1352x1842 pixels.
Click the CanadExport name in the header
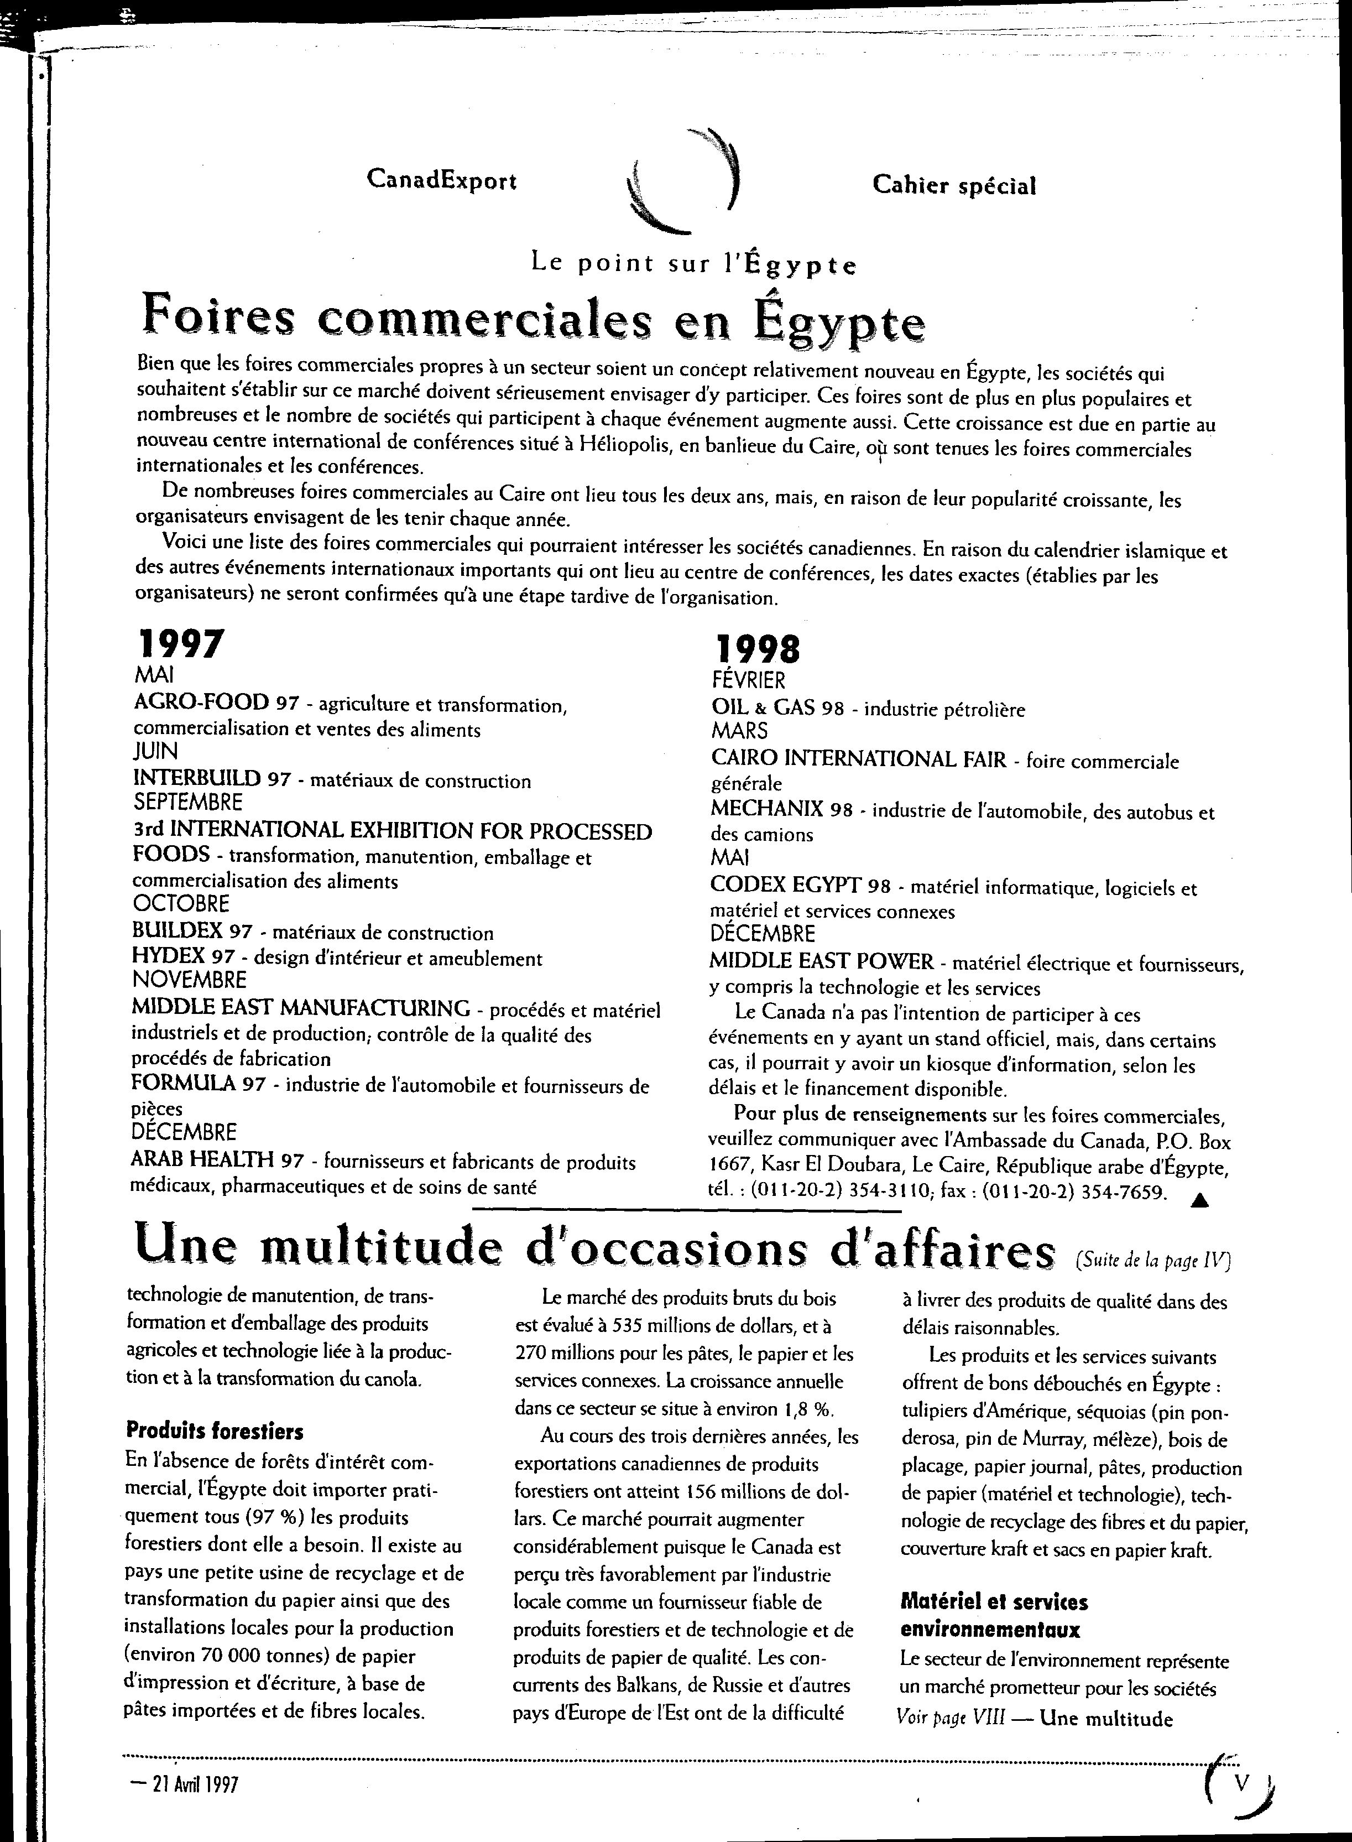pyautogui.click(x=441, y=180)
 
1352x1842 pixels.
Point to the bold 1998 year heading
pyautogui.click(x=758, y=649)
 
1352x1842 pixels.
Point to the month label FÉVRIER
pyautogui.click(x=749, y=680)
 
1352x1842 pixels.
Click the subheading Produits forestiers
pyautogui.click(x=215, y=1431)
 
